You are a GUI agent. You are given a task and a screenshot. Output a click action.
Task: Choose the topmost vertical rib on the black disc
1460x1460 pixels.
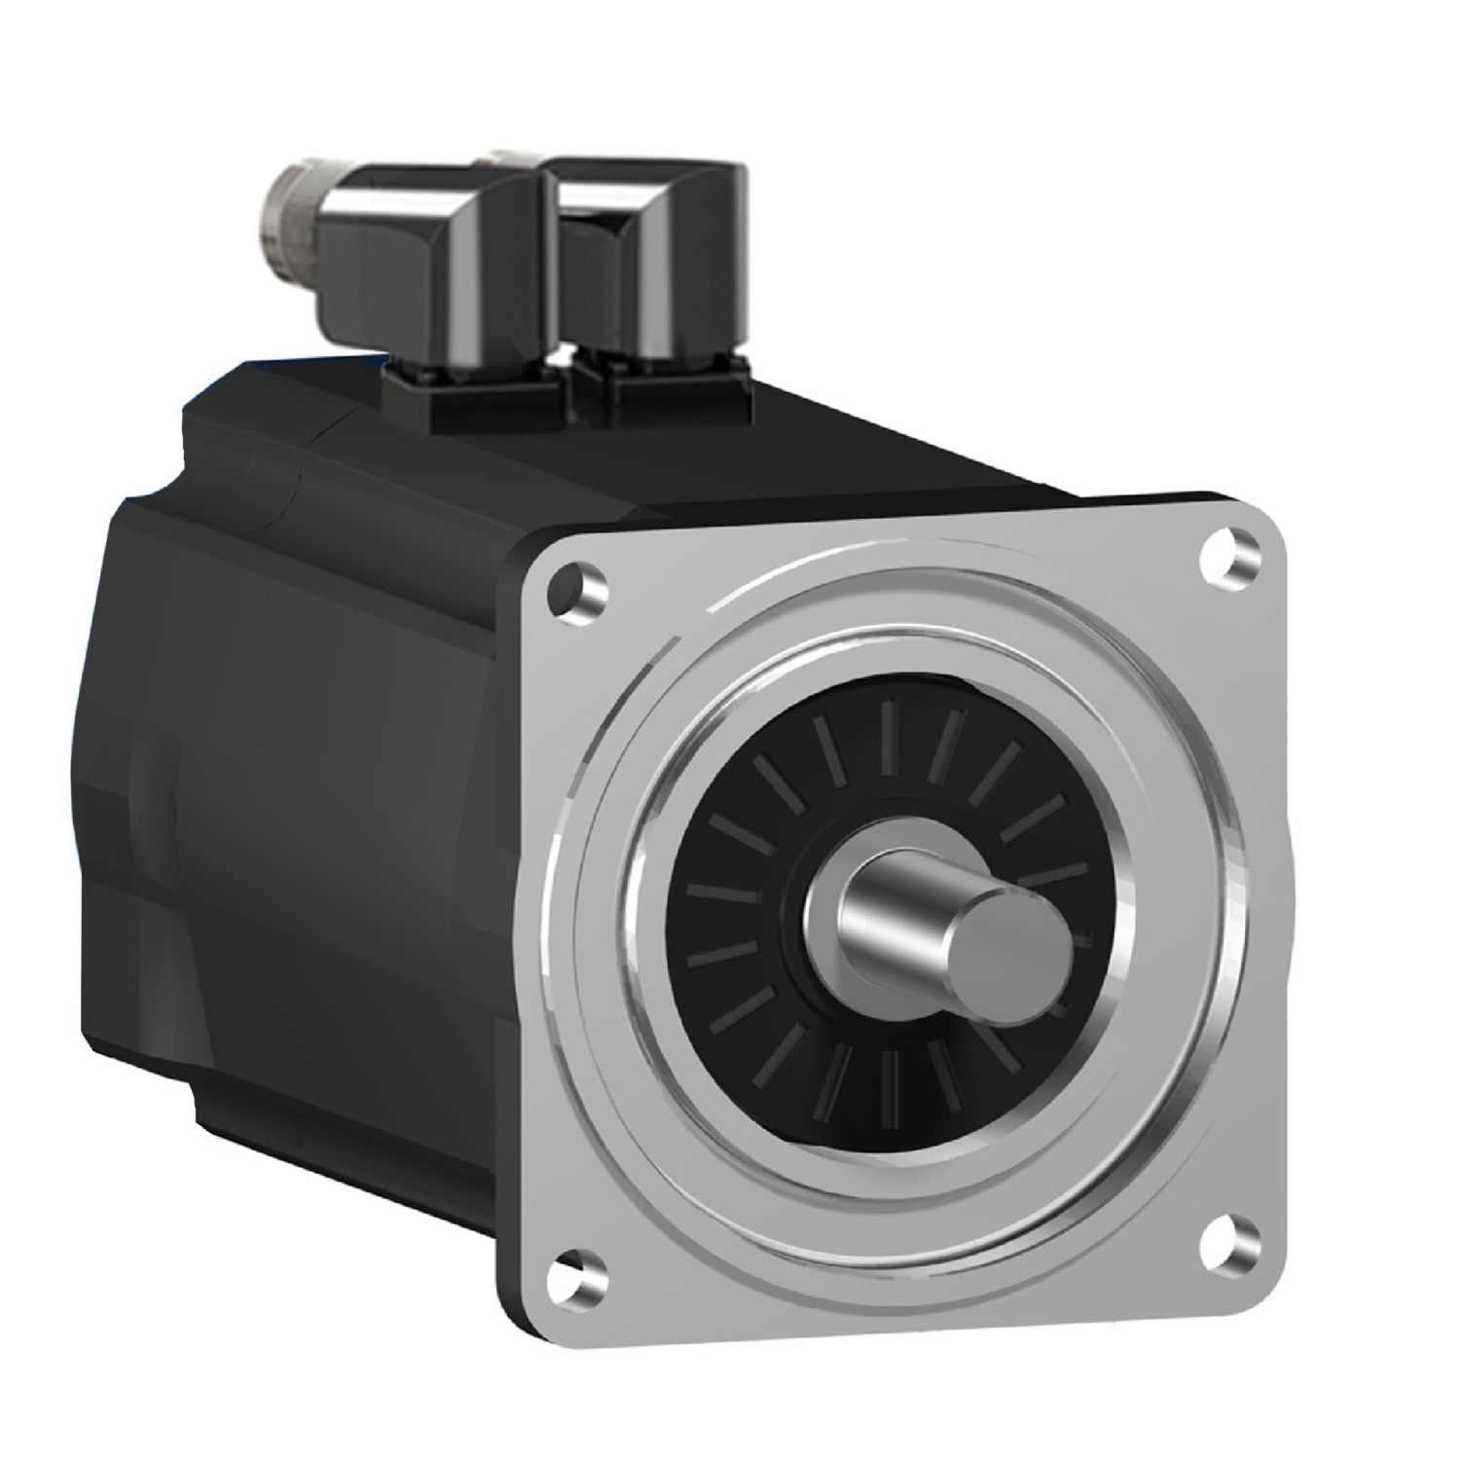[888, 735]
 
